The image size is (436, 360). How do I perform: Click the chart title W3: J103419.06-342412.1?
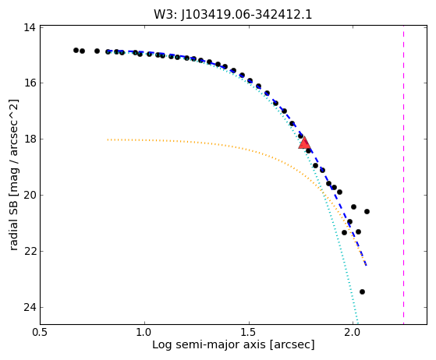coord(233,15)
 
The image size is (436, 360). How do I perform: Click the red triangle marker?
coord(304,143)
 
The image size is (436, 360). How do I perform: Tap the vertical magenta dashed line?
coord(403,175)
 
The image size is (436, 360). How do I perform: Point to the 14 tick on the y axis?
coord(30,27)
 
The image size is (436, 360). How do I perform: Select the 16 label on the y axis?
coord(30,83)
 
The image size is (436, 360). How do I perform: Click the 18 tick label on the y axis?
coord(30,139)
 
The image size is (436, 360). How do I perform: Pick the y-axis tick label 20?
coord(30,195)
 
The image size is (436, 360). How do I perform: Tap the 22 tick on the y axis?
coord(30,251)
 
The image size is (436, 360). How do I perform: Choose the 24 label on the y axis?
coord(30,307)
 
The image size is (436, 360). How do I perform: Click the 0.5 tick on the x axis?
coord(40,333)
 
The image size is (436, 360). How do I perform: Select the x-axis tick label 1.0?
coord(144,333)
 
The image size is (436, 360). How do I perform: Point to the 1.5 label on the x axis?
coord(249,333)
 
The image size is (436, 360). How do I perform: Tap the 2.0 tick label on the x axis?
coord(353,333)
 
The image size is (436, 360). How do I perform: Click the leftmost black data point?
coord(76,51)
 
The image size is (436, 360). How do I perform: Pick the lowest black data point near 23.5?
coord(362,291)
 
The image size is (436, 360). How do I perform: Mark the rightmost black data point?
coord(367,212)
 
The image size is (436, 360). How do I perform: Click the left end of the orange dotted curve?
coord(108,139)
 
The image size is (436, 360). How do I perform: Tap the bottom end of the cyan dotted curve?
coord(357,323)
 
